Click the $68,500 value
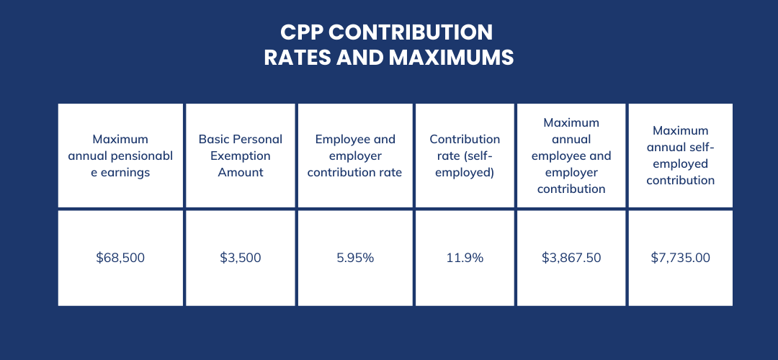120,257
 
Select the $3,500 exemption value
240,257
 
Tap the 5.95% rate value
354,257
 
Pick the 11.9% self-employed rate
465,257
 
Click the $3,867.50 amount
571,257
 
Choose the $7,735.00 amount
680,257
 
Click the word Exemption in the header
241,156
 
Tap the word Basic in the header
214,139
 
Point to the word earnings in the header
125,172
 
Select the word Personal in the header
257,139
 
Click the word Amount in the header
241,172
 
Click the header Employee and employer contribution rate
354,156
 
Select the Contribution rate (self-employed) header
465,156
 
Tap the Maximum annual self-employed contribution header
680,156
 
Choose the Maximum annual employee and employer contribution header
571,156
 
